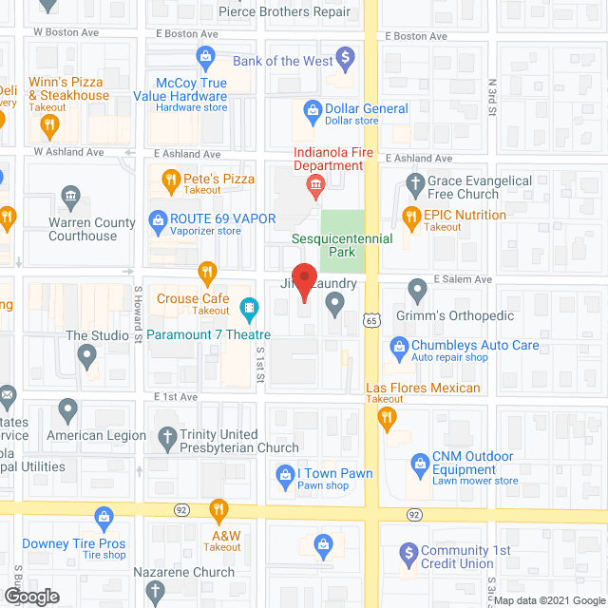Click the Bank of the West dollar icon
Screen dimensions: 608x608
[x=347, y=59]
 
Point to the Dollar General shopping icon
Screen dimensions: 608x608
[x=311, y=110]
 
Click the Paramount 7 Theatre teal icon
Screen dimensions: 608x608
[x=249, y=307]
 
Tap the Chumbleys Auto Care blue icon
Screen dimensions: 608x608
[x=397, y=347]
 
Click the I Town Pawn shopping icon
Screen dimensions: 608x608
[x=283, y=473]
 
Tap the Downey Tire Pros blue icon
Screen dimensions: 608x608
[x=104, y=519]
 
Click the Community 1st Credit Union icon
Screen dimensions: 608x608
[x=408, y=551]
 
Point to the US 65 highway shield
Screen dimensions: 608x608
[x=370, y=323]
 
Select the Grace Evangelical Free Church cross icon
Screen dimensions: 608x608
[x=415, y=181]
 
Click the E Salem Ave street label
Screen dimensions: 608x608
[x=462, y=279]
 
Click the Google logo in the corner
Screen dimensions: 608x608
[x=30, y=596]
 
